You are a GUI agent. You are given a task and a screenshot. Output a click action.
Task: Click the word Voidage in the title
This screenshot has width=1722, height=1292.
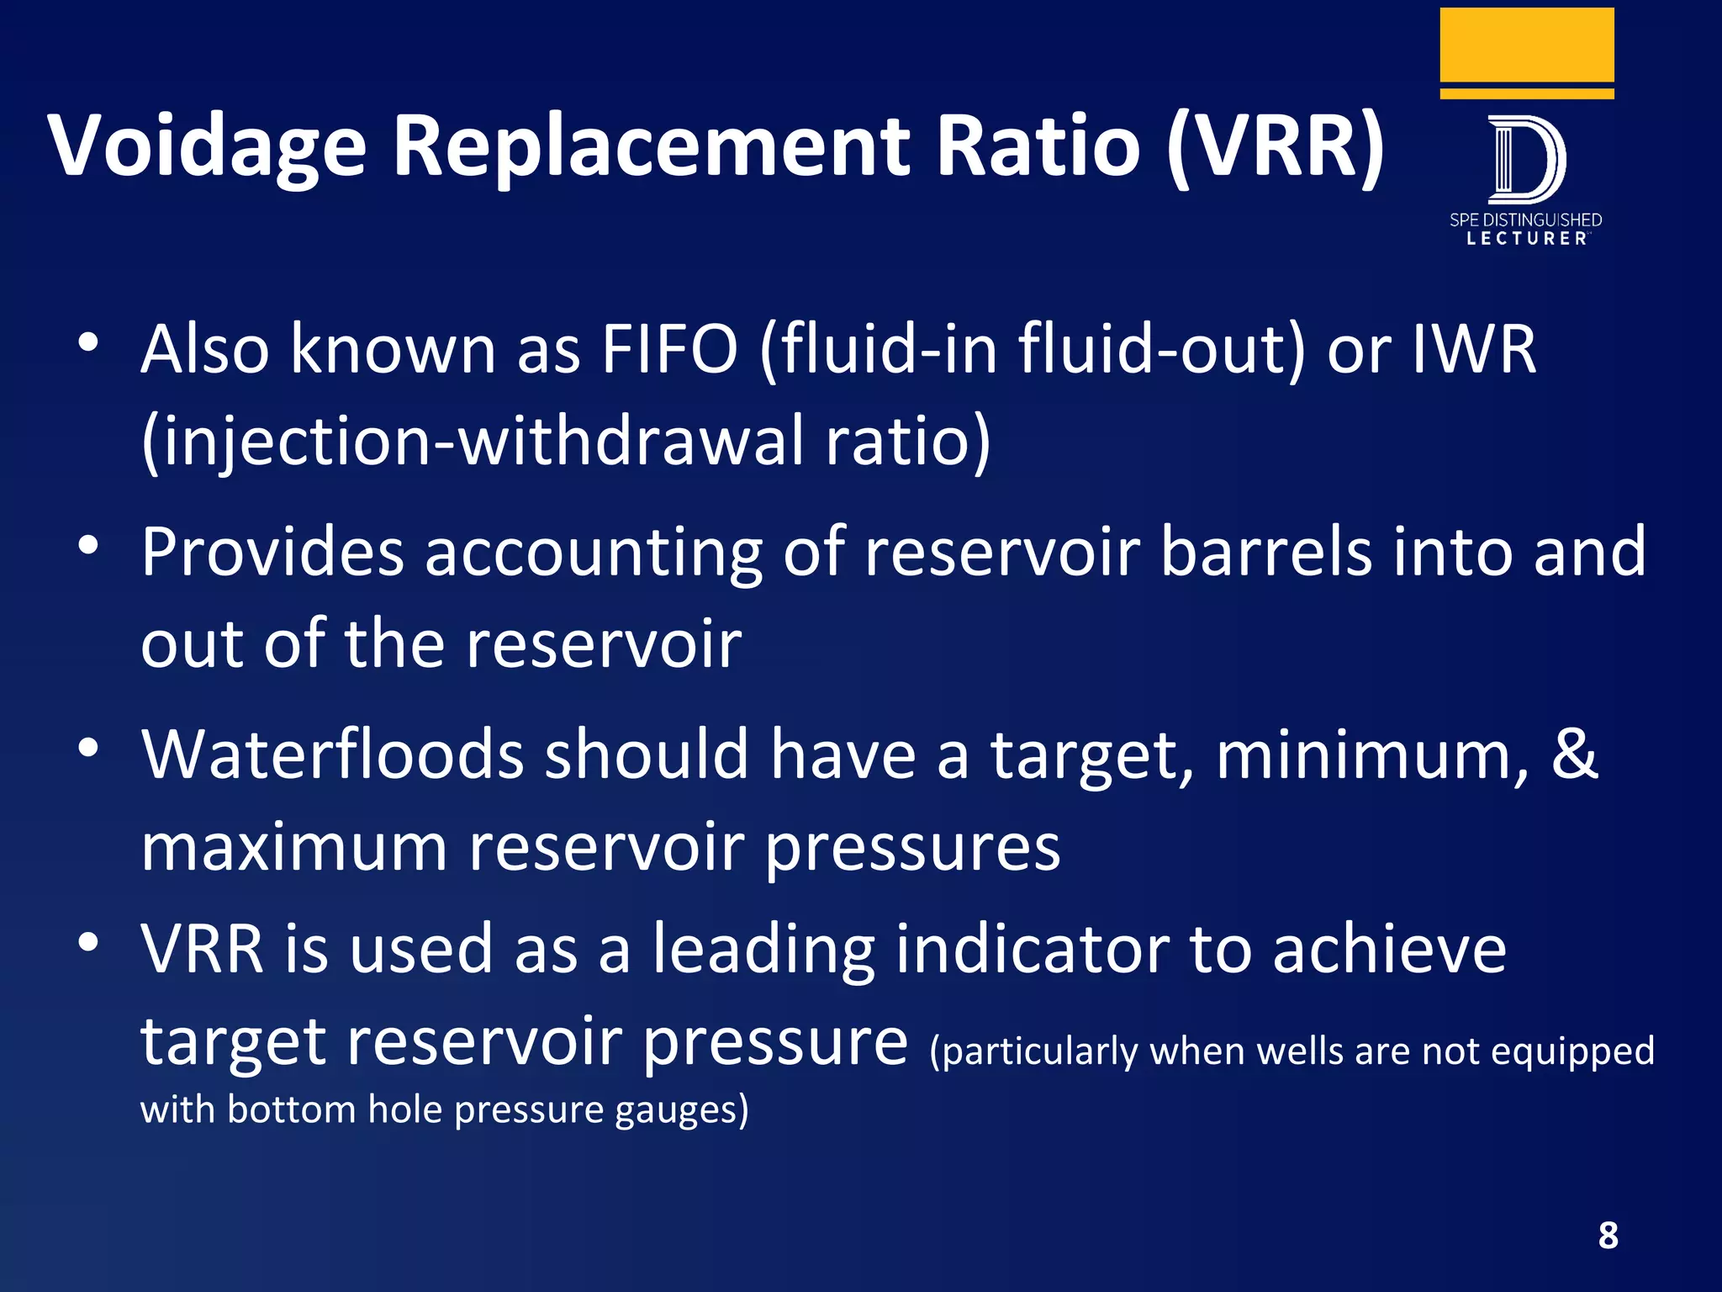point(207,147)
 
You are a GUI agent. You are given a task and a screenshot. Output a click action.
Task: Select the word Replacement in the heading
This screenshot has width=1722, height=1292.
point(652,147)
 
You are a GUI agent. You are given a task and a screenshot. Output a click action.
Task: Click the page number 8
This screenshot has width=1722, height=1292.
point(1608,1236)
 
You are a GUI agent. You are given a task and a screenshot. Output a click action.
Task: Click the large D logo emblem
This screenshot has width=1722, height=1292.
point(1525,160)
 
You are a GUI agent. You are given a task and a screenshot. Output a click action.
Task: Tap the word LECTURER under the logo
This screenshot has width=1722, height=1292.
point(1526,239)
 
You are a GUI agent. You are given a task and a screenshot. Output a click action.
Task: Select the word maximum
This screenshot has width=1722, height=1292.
point(293,847)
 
